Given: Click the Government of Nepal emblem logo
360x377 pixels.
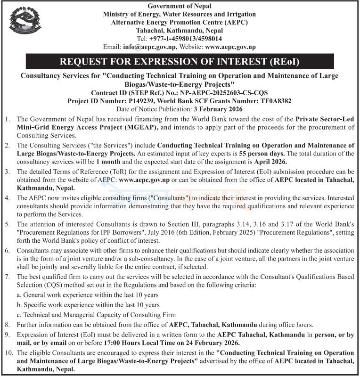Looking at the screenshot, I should click(x=25, y=24).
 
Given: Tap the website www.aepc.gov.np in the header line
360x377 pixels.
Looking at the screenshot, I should click(x=230, y=47).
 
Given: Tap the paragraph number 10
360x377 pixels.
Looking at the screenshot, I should click(x=8, y=353).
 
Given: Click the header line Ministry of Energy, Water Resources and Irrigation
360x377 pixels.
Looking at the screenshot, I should click(x=180, y=14).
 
